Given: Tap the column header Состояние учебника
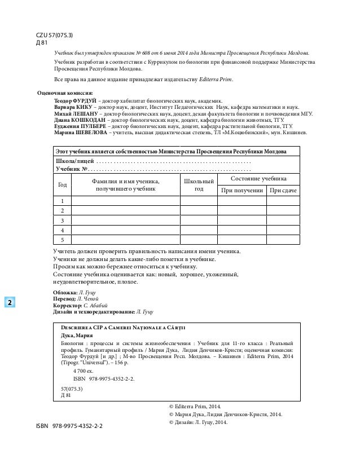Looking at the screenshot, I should point(258,178).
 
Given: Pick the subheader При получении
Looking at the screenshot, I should point(242,191).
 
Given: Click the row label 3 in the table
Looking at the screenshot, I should point(62,220).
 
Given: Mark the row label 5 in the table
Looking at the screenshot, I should point(62,239).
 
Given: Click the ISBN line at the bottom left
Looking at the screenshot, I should point(69,427).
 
